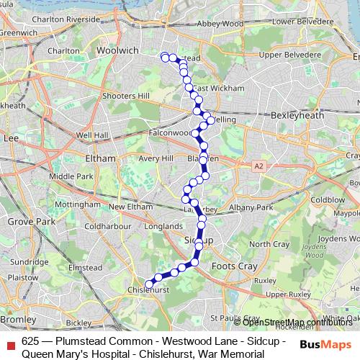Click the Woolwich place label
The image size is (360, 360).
96,72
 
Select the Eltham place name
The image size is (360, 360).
100,158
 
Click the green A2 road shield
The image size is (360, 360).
258,166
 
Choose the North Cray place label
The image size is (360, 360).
271,244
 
